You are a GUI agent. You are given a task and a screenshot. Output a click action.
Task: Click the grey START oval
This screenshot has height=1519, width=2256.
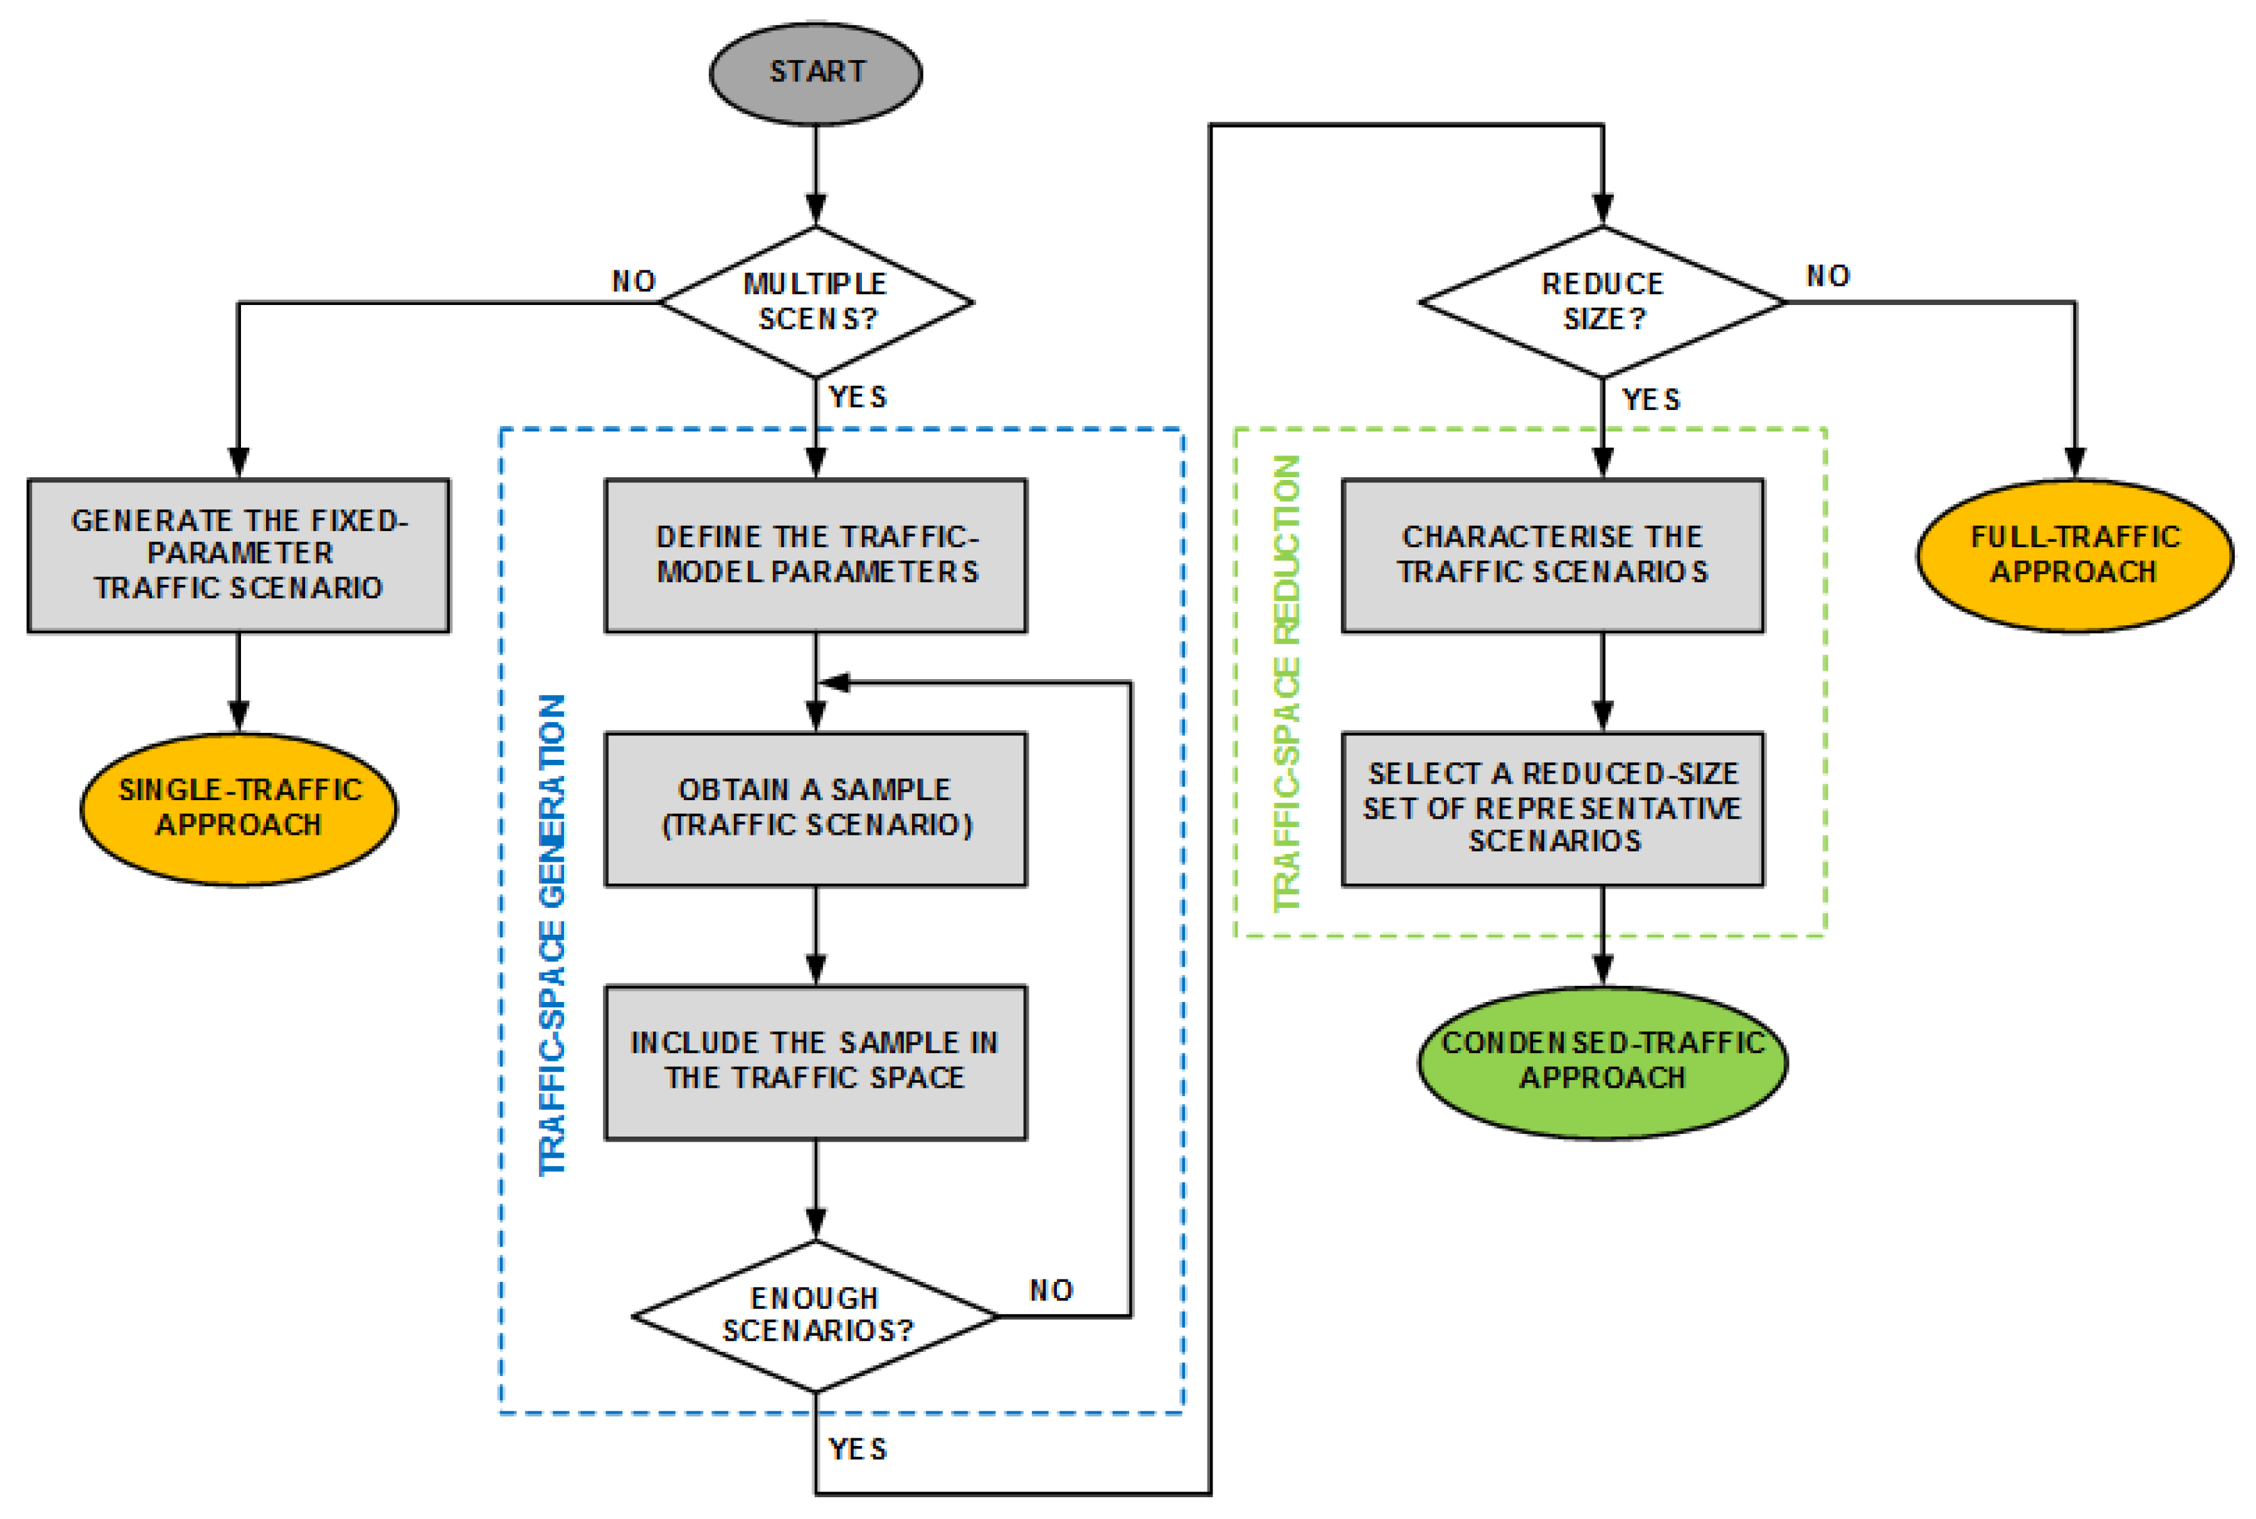tap(815, 74)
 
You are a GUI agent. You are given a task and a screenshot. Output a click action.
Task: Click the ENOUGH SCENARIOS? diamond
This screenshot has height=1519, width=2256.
tap(815, 1315)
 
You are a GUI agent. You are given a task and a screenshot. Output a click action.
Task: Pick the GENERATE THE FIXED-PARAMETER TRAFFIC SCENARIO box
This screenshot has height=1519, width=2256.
tap(238, 555)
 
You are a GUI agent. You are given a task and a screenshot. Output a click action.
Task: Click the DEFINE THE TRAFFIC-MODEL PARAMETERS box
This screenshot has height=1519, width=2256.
tap(815, 555)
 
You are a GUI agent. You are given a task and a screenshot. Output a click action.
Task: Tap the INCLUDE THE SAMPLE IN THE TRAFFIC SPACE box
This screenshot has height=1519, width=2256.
tap(815, 1062)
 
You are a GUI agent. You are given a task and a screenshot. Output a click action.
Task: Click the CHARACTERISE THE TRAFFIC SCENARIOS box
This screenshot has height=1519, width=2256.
tap(1552, 555)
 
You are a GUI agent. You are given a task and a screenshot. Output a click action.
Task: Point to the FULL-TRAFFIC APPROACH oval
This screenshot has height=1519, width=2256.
tap(2074, 555)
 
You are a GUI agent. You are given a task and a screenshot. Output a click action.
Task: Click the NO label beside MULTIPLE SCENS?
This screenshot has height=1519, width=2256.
tap(634, 282)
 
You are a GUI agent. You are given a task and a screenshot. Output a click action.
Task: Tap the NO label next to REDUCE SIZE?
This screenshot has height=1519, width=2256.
tap(1828, 276)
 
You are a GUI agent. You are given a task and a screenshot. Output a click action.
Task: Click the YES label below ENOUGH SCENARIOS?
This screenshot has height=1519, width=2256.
tap(857, 1449)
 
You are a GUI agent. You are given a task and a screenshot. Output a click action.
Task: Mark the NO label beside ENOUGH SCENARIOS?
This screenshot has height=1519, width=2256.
tap(1050, 1290)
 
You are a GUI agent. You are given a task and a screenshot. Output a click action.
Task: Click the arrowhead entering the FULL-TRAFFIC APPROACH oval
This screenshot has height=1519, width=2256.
tap(2074, 463)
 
